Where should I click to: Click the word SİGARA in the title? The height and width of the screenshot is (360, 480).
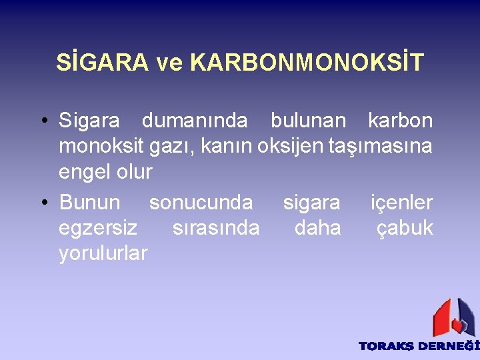tap(102, 63)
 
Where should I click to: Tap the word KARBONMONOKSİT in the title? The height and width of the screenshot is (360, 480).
tap(307, 63)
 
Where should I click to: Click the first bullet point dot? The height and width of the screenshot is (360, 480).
tap(42, 121)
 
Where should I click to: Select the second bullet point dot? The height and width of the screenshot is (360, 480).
tap(42, 203)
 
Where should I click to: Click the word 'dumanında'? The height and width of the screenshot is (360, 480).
tap(195, 121)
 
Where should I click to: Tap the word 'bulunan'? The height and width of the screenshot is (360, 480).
tap(308, 121)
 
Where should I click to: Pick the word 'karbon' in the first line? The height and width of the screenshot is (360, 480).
tap(400, 121)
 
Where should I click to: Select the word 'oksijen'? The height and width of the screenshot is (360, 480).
tap(291, 146)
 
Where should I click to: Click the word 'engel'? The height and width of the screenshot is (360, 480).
tap(85, 173)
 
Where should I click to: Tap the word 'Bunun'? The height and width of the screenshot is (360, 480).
tap(89, 202)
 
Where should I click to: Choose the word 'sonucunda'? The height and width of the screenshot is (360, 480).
tap(201, 202)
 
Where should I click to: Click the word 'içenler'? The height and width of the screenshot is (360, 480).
tap(402, 202)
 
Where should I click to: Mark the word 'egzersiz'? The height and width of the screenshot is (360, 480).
tap(98, 229)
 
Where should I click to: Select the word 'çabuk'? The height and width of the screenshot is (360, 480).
tap(405, 229)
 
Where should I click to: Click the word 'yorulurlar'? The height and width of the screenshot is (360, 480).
tap(103, 253)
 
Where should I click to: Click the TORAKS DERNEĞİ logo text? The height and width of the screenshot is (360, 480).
tap(419, 346)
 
